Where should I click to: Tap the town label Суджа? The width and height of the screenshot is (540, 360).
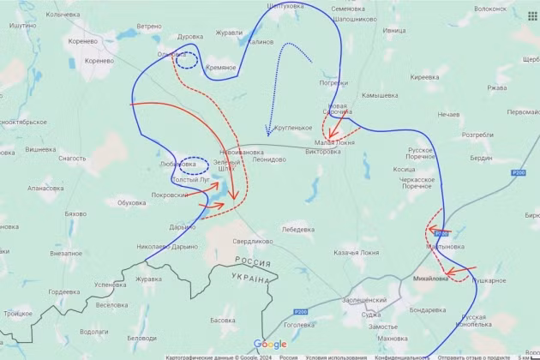tap(370, 314)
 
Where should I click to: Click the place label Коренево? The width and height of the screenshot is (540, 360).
tap(100, 61)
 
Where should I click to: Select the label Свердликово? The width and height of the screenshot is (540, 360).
tap(253, 242)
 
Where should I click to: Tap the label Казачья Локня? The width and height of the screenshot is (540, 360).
tap(356, 253)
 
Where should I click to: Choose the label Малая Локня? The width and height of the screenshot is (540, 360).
tap(335, 141)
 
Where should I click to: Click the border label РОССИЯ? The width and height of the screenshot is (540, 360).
tap(253, 262)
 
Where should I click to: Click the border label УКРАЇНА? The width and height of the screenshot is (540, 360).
tap(250, 279)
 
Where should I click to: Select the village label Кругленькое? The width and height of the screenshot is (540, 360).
tap(293, 128)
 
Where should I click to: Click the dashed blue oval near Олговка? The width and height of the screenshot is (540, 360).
tap(186, 60)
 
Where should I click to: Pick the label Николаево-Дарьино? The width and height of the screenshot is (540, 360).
tap(167, 246)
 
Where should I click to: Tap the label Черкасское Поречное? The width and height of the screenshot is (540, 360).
tap(417, 182)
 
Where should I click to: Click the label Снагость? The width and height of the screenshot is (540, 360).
tap(72, 158)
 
